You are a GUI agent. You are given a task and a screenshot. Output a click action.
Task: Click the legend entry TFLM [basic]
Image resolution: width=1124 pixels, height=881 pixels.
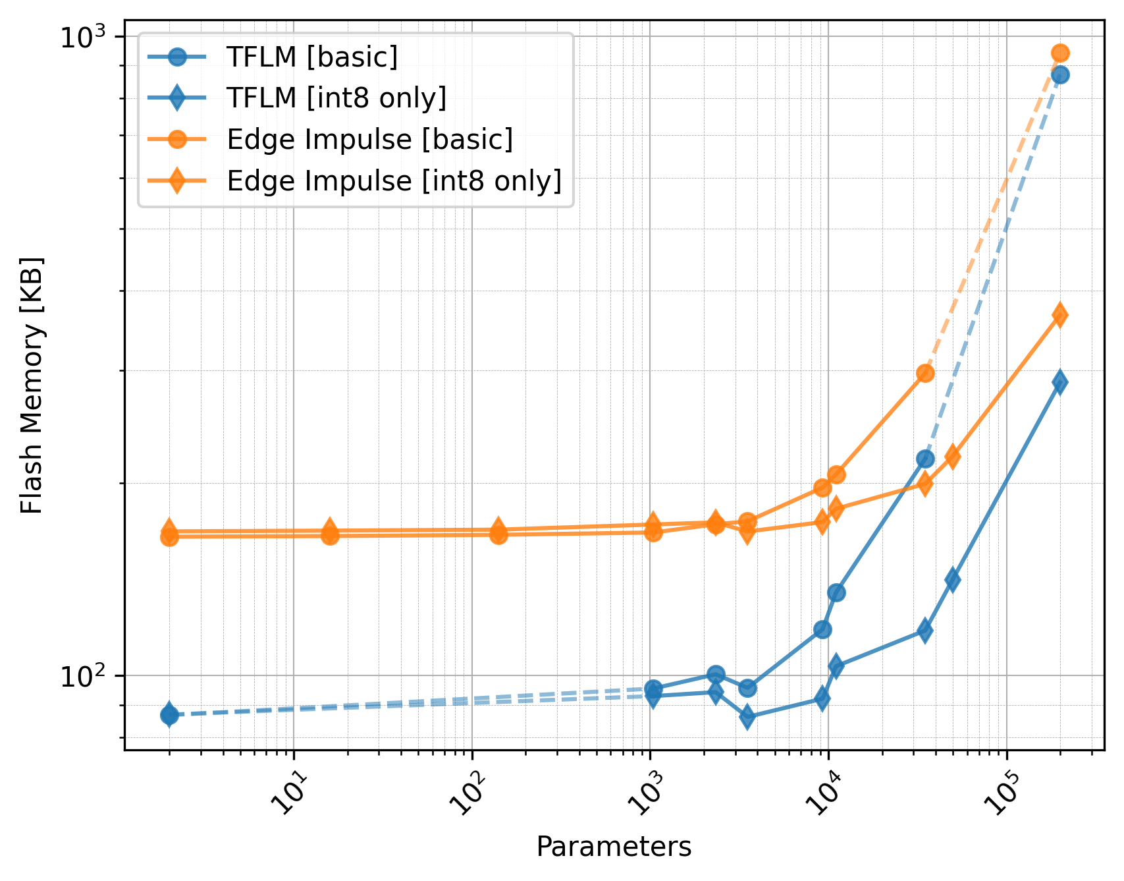click(x=311, y=57)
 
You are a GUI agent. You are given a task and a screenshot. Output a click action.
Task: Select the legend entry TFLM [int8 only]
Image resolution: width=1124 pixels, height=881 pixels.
click(x=336, y=98)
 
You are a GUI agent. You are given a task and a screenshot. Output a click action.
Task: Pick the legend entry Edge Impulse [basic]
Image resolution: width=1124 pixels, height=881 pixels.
click(x=369, y=139)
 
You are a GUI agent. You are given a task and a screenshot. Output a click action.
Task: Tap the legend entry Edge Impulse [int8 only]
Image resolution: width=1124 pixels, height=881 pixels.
click(x=394, y=181)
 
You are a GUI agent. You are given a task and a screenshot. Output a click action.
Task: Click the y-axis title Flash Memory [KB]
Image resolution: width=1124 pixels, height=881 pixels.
click(x=31, y=385)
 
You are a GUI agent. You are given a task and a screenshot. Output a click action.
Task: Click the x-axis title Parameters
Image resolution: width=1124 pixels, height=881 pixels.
click(x=614, y=847)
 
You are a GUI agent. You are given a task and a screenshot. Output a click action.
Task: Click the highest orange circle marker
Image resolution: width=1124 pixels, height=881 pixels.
click(x=1060, y=53)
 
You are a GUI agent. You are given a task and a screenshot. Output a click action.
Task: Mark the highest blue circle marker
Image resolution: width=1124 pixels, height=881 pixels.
click(x=1060, y=75)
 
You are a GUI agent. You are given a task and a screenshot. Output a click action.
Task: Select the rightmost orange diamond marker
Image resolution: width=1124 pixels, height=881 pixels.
click(x=1060, y=315)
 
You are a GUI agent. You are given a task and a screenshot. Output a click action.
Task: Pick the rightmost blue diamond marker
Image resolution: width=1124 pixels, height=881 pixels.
click(x=1060, y=382)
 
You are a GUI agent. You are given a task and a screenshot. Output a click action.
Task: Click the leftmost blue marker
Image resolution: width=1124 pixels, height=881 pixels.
click(x=169, y=714)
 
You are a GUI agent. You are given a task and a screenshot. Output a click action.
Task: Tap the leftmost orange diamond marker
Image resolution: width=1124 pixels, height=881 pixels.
click(x=169, y=529)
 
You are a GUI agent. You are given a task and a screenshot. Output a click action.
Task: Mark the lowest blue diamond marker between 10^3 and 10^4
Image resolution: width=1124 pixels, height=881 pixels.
click(x=747, y=717)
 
